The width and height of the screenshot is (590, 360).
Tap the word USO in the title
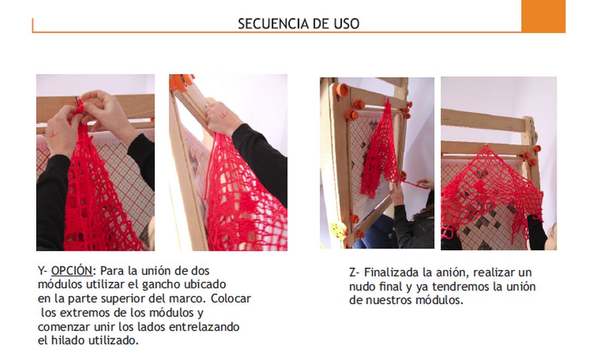(346, 23)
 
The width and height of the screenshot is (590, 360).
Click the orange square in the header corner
(543, 16)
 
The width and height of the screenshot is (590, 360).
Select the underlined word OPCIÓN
(72, 271)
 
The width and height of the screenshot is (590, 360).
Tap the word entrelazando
(204, 327)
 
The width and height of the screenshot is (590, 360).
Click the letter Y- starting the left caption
(43, 271)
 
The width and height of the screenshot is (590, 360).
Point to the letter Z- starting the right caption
(355, 273)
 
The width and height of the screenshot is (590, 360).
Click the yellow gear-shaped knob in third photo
(338, 230)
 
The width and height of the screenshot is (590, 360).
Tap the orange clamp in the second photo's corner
(182, 82)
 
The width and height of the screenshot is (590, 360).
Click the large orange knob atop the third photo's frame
(342, 90)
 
